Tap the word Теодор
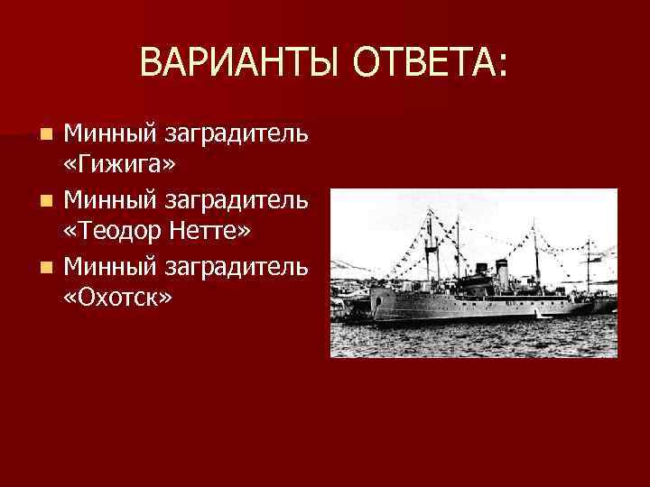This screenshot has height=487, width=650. click(114, 232)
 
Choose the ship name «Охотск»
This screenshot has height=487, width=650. click(116, 298)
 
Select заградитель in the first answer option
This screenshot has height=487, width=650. click(235, 133)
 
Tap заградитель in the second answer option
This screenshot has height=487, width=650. click(235, 199)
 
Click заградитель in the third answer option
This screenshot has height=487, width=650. click(235, 265)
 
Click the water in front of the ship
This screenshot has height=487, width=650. click(469, 339)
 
